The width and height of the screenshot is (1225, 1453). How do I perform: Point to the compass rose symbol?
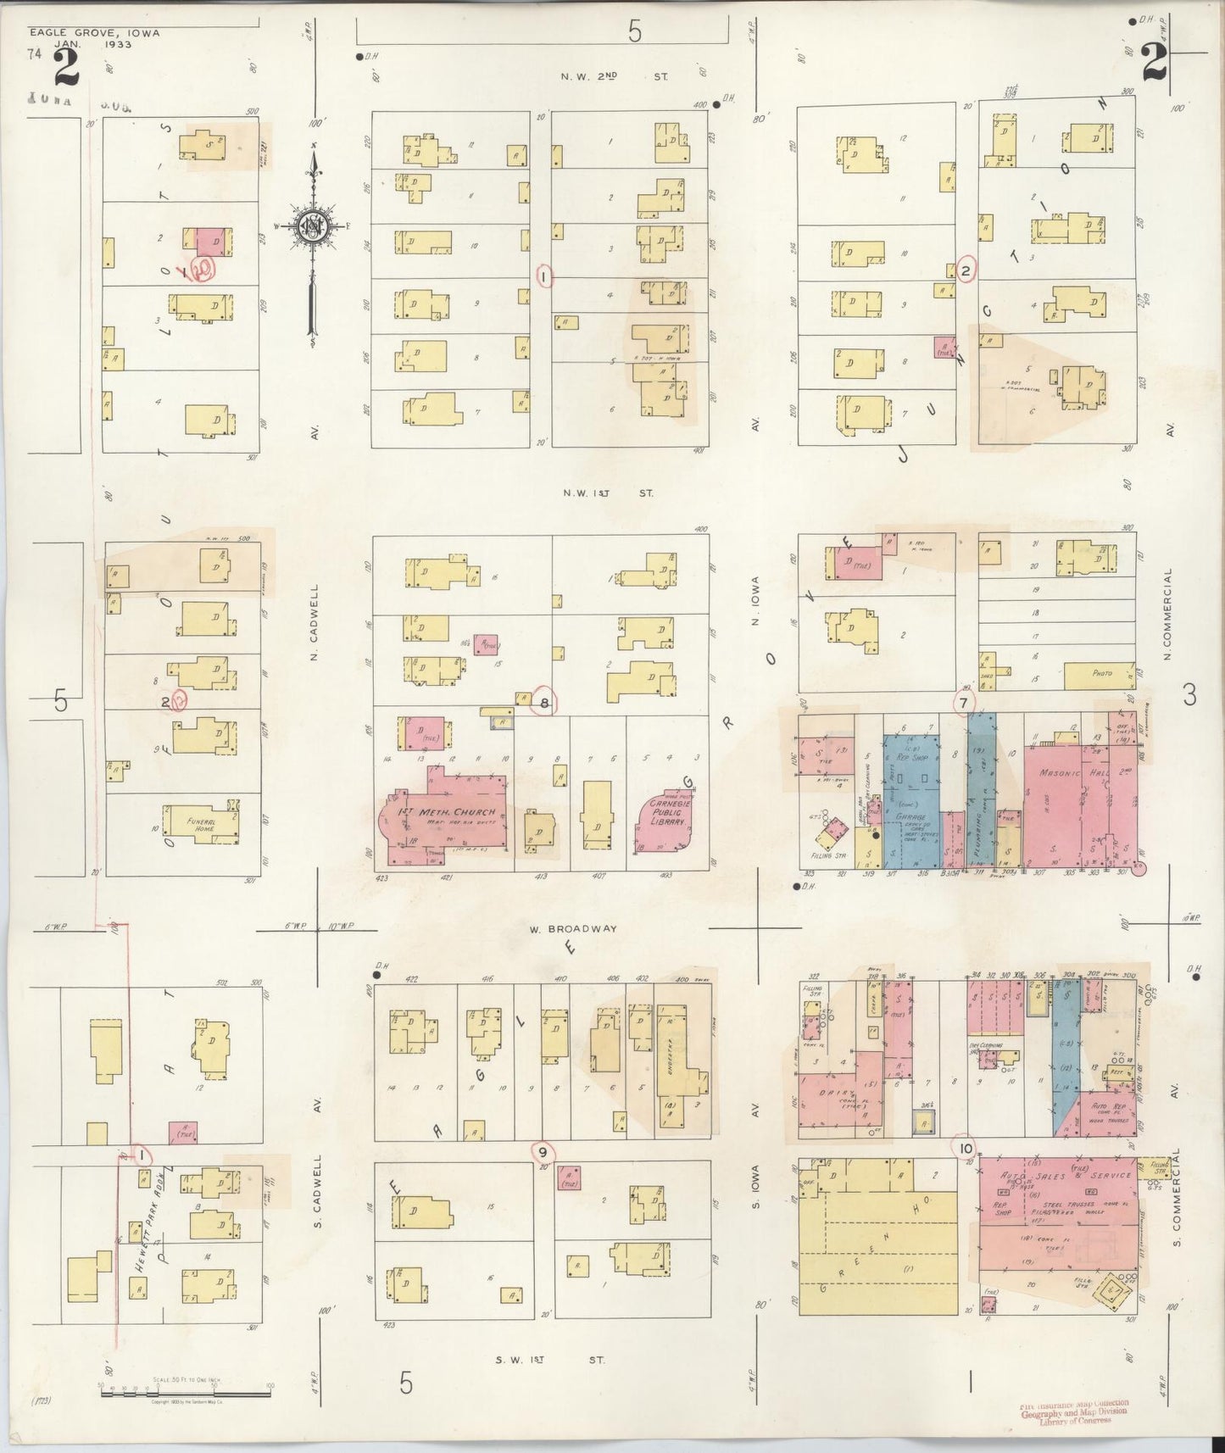tap(314, 225)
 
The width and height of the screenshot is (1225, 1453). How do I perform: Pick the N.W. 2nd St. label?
tap(613, 76)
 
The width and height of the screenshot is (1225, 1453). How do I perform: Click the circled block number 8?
tap(544, 702)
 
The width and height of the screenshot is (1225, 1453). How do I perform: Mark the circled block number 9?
tap(542, 1151)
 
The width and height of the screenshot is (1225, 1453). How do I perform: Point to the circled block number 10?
tap(965, 1149)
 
